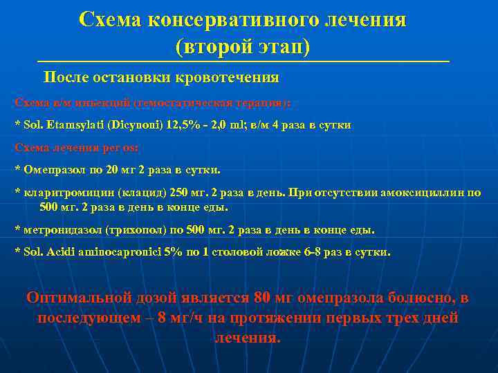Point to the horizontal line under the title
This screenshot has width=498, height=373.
(x=243, y=62)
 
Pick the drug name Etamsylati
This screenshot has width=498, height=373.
(x=70, y=125)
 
